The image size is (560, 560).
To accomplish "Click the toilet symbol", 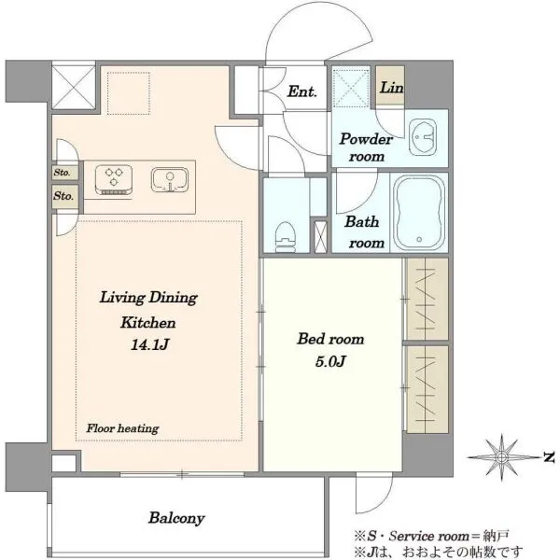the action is (286, 237).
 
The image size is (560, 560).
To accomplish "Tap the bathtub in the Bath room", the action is (419, 213).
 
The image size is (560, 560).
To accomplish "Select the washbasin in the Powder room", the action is (423, 137).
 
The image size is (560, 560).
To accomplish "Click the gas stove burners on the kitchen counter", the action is (114, 179).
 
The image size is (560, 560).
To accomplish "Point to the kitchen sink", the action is (170, 179).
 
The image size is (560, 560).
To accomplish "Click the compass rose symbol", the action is (501, 456).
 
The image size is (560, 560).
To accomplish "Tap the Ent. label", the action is (302, 91).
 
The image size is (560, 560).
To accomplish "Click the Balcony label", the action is (176, 518).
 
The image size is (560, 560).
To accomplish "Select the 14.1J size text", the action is (149, 345).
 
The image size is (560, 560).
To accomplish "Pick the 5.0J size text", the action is (330, 362).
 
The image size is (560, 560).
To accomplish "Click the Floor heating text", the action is (122, 428).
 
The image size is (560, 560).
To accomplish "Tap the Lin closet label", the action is (391, 88).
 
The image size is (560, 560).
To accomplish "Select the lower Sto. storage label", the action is (63, 196).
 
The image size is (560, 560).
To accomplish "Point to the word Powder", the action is (366, 139).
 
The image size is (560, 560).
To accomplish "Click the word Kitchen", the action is (147, 323).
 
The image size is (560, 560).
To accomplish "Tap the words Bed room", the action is (330, 339).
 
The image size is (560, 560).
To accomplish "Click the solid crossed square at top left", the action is (74, 86).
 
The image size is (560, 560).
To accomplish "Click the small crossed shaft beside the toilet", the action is (320, 237).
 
